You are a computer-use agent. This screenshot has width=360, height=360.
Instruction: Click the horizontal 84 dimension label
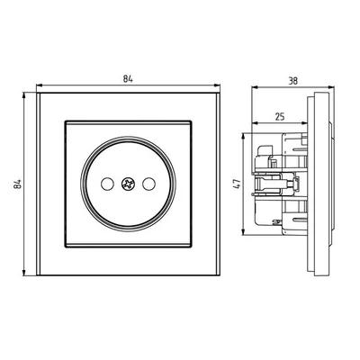(x=128, y=79)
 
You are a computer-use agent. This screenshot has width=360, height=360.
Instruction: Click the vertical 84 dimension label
(x=18, y=184)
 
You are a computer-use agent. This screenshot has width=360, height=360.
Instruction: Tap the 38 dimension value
(x=293, y=81)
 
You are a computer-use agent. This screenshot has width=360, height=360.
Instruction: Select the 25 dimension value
(x=280, y=116)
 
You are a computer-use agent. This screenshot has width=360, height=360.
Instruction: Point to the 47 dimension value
(x=237, y=184)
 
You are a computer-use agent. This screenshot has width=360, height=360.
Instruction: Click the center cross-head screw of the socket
(x=128, y=184)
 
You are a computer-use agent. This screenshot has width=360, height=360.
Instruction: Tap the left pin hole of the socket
(x=107, y=184)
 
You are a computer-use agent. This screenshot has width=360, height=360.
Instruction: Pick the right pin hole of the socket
(x=148, y=184)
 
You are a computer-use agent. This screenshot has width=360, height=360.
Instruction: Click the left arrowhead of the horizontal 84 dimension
(x=40, y=86)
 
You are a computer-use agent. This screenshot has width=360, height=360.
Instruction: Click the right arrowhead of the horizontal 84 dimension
(x=217, y=86)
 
